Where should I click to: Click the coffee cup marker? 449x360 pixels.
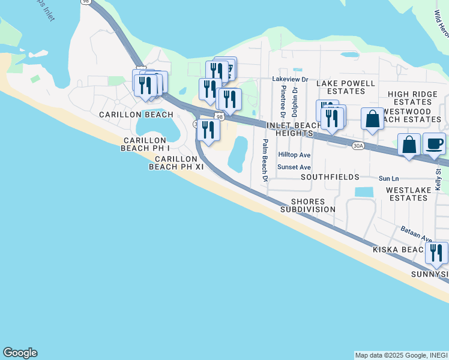[434, 144]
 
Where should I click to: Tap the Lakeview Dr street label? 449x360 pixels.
[290, 79]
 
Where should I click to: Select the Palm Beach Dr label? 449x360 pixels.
[264, 160]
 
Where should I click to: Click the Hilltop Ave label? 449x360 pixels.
[294, 155]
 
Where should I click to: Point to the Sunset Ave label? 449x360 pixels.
[294, 167]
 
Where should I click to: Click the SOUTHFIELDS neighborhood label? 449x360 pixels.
[330, 178]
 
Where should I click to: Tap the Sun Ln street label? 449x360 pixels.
[388, 179]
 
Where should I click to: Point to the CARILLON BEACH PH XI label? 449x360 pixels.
[177, 163]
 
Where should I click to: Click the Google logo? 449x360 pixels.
[20, 353]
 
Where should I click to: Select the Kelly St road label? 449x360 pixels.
[438, 180]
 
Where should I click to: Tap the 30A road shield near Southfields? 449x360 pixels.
[358, 146]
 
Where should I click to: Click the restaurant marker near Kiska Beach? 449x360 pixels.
[436, 253]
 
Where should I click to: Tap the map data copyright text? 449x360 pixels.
[400, 355]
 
